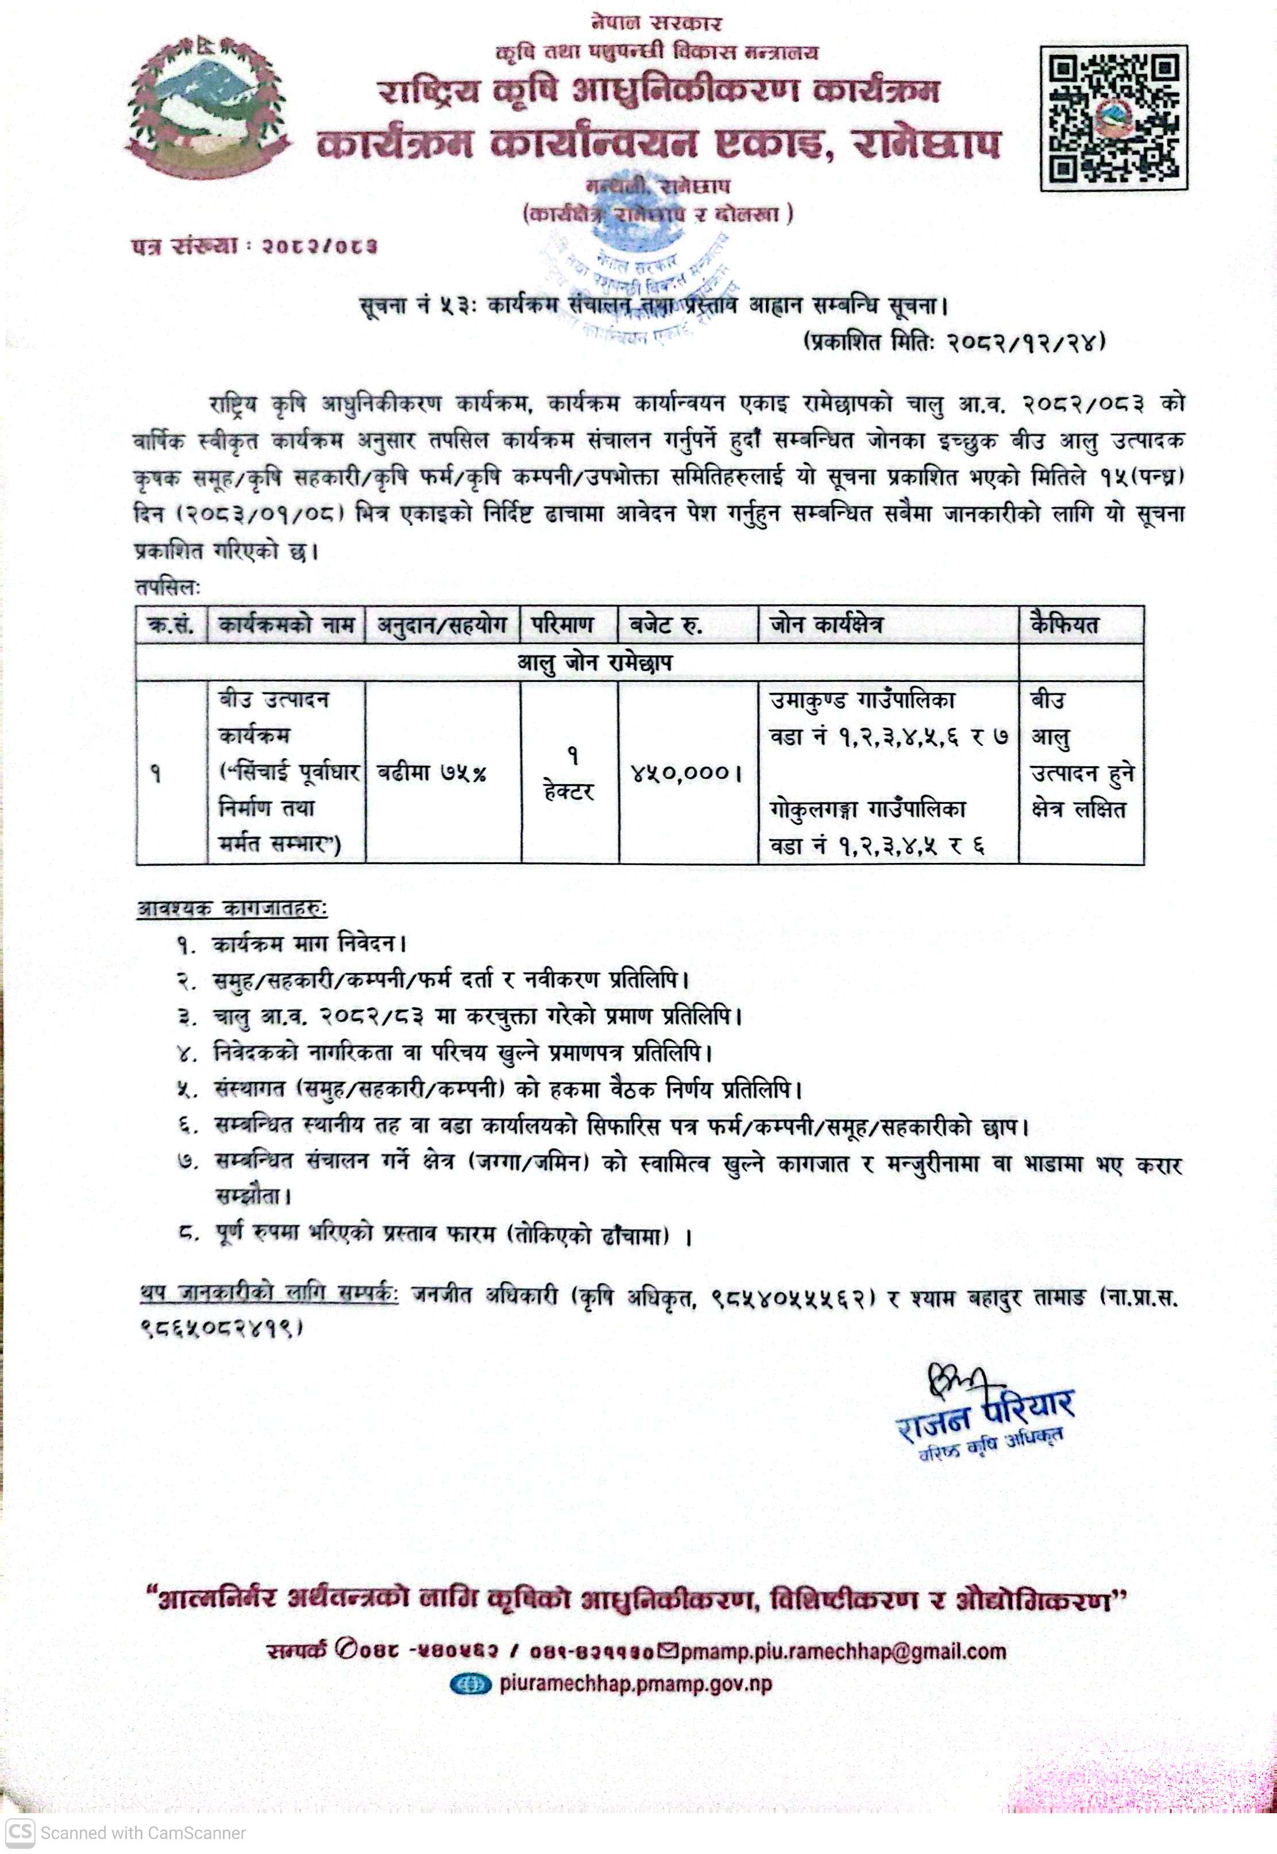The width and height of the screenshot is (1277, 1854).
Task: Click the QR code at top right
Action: [1113, 118]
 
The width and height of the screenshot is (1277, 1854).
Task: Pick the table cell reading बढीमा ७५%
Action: [431, 773]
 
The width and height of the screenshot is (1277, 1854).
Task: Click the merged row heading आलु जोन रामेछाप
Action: [594, 662]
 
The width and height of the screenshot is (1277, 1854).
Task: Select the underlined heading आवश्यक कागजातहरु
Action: [232, 908]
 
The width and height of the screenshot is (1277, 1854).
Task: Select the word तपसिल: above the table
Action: [167, 587]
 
